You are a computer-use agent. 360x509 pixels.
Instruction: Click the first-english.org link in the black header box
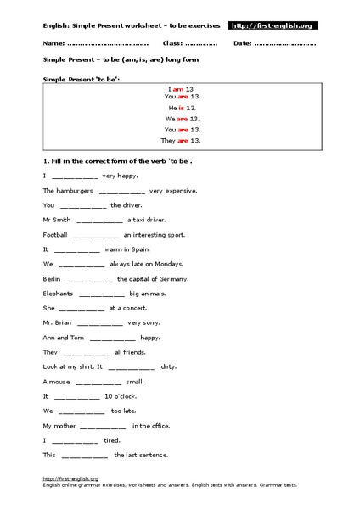pyautogui.click(x=273, y=26)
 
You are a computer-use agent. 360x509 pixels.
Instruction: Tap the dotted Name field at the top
pyautogui.click(x=107, y=42)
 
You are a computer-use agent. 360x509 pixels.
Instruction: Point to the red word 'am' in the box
pyautogui.click(x=178, y=87)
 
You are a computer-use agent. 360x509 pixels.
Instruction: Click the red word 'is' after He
pyautogui.click(x=181, y=108)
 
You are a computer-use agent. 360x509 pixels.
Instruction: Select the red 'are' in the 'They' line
pyautogui.click(x=183, y=140)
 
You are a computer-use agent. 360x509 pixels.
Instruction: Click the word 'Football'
pyautogui.click(x=54, y=234)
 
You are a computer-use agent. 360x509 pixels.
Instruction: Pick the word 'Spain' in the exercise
pyautogui.click(x=136, y=249)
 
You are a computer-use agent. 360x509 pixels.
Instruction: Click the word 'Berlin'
pyautogui.click(x=52, y=278)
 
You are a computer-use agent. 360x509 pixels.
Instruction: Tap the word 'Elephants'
pyautogui.click(x=57, y=294)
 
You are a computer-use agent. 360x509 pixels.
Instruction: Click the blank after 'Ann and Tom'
pyautogui.click(x=112, y=337)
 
